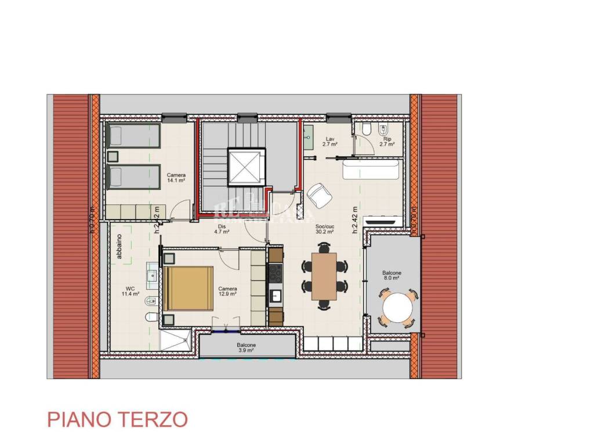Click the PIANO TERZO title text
tap(117, 419)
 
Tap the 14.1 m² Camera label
tap(176, 178)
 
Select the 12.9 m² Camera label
tap(227, 291)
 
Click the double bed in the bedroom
tap(189, 288)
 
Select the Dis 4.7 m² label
tap(222, 229)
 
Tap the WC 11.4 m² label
tap(130, 291)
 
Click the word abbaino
tap(119, 248)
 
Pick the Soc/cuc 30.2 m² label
tap(324, 229)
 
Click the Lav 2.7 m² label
tap(330, 141)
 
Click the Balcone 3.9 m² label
tap(246, 348)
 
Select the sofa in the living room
tap(370, 172)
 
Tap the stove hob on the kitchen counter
tap(276, 272)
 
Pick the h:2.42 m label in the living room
tap(354, 219)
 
